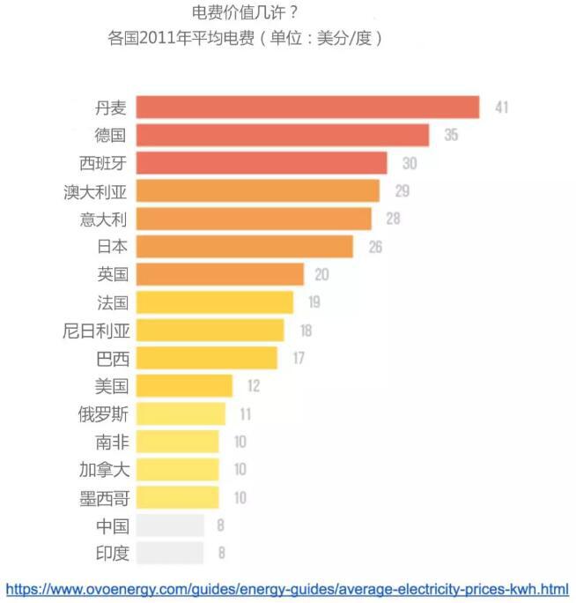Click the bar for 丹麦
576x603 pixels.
coord(307,108)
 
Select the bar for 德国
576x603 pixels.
coord(283,135)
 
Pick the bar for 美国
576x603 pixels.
coord(184,385)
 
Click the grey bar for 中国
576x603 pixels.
coord(170,526)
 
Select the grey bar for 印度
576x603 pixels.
coord(170,554)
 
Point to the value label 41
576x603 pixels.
coord(502,108)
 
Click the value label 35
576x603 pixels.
coord(451,135)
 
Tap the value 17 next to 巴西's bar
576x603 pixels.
coord(299,358)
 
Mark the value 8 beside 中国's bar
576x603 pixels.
coord(221,526)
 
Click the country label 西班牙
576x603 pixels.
coord(104,163)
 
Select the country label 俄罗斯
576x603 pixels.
coord(104,413)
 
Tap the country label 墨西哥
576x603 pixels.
coord(104,498)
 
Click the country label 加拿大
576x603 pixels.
coord(104,470)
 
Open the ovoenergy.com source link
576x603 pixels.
coord(287,588)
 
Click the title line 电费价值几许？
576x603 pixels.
coord(244,13)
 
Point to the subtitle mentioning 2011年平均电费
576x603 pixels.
coord(244,40)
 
